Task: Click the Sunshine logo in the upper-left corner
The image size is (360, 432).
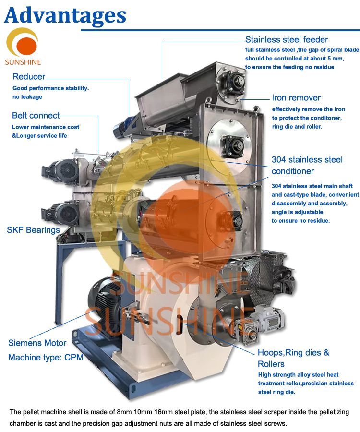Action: point(23,47)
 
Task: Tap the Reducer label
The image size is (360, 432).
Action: point(29,77)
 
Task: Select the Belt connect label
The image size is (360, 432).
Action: point(36,116)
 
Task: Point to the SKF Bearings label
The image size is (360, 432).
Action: point(33,230)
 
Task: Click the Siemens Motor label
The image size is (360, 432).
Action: point(37,343)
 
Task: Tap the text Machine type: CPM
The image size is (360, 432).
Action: point(46,358)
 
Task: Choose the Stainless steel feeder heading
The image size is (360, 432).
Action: point(287,40)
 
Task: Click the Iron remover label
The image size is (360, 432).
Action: point(296,98)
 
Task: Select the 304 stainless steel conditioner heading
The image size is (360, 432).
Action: point(307,166)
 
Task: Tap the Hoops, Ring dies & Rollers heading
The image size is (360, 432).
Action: point(293,358)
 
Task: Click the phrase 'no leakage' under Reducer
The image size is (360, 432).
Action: point(27,97)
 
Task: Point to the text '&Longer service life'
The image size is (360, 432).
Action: point(39,136)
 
